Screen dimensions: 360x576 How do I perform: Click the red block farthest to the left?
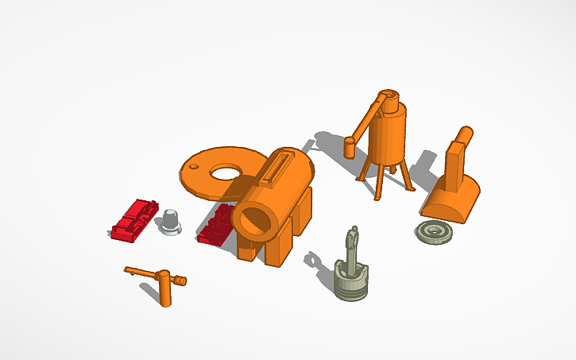pyautogui.click(x=132, y=221)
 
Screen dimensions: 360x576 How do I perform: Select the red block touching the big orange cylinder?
pyautogui.click(x=216, y=228)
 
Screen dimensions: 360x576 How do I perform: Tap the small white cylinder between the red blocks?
pyautogui.click(x=171, y=220)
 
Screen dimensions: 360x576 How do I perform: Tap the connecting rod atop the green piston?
pyautogui.click(x=352, y=246)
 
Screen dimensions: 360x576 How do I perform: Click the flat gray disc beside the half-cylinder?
pyautogui.click(x=435, y=232)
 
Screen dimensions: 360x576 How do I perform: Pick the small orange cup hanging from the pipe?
pyautogui.click(x=349, y=147)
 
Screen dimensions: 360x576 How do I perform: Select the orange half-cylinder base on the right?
pyautogui.click(x=451, y=200)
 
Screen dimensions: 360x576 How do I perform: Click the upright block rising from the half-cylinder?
pyautogui.click(x=457, y=164)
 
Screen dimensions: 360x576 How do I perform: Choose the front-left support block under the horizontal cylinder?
pyautogui.click(x=247, y=247)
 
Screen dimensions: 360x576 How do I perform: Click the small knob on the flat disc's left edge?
pyautogui.click(x=191, y=168)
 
